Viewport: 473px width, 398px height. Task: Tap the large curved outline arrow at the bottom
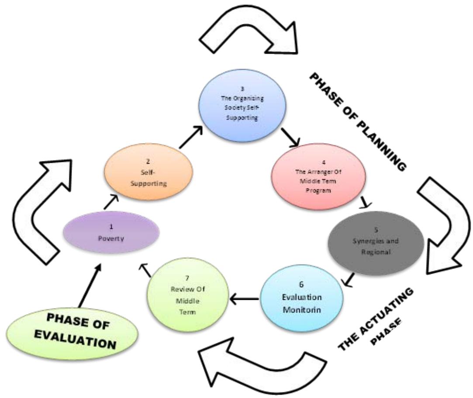(x=262, y=367)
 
